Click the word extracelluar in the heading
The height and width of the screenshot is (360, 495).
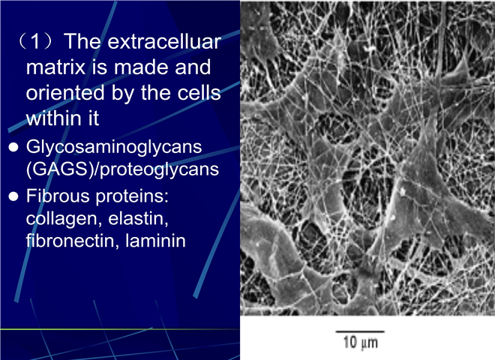coord(164,41)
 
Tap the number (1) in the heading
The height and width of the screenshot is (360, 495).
coord(36,41)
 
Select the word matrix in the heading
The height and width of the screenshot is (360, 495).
coord(55,67)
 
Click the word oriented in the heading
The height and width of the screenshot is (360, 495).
coord(65,93)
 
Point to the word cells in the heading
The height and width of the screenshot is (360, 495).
coord(199,93)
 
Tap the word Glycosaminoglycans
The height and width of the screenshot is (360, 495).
coord(114,148)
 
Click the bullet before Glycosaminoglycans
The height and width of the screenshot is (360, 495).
coord(13,147)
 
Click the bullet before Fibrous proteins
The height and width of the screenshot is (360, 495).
coord(13,196)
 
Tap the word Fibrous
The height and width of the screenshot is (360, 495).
coord(58,196)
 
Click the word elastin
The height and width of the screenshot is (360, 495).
coord(138,218)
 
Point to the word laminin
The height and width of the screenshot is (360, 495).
coord(155,241)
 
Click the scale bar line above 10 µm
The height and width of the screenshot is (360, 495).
coord(360,331)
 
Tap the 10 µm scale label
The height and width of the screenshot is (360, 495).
coord(360,343)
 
